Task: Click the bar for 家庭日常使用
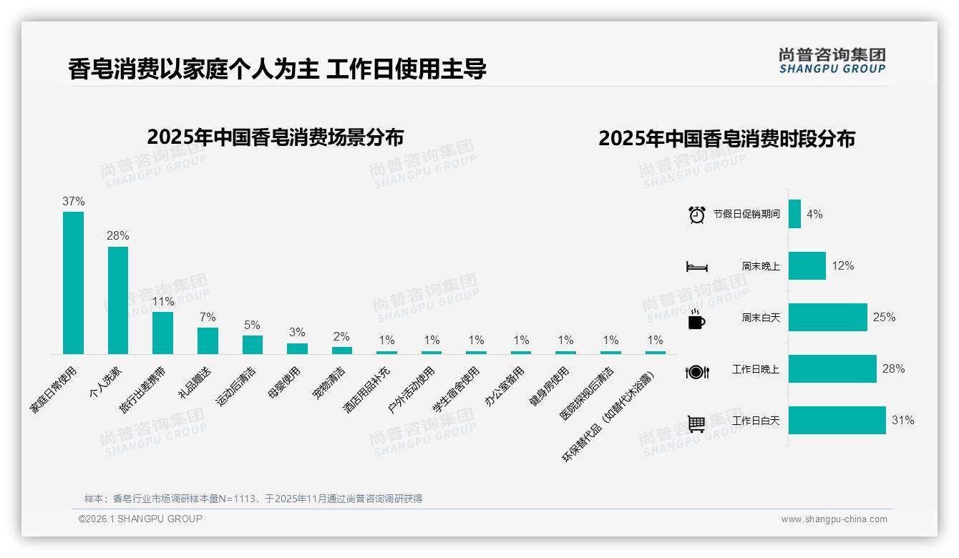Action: (73, 283)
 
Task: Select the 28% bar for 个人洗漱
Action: (118, 300)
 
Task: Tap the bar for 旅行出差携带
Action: (162, 333)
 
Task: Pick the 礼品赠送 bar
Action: (208, 341)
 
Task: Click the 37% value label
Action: (73, 202)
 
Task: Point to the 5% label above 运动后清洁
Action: (252, 325)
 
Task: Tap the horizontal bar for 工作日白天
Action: (837, 421)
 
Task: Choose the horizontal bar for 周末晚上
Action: (807, 265)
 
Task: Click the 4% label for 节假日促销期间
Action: (814, 214)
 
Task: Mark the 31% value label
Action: (902, 421)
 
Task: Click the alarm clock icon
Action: (696, 214)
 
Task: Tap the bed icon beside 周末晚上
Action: (696, 267)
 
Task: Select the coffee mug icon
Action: (696, 319)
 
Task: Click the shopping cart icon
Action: (696, 424)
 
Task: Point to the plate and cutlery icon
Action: (696, 371)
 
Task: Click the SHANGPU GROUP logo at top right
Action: (832, 60)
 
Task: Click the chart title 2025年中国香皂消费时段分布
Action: (726, 139)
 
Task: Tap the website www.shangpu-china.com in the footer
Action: (834, 519)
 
